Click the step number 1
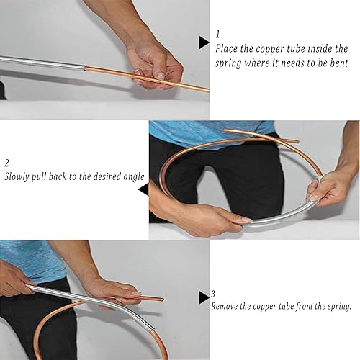pyautogui.click(x=217, y=35)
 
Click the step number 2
pyautogui.click(x=6, y=163)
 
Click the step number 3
pyautogui.click(x=213, y=294)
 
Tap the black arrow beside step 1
pyautogui.click(x=204, y=42)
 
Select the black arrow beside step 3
pyautogui.click(x=204, y=297)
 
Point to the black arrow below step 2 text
pyautogui.click(x=143, y=189)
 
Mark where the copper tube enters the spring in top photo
pyautogui.click(x=85, y=68)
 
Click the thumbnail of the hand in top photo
pyautogui.click(x=161, y=76)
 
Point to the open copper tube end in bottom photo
pyautogui.click(x=162, y=300)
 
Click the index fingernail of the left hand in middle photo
pyautogui.click(x=246, y=220)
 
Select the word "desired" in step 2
pyautogui.click(x=107, y=176)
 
